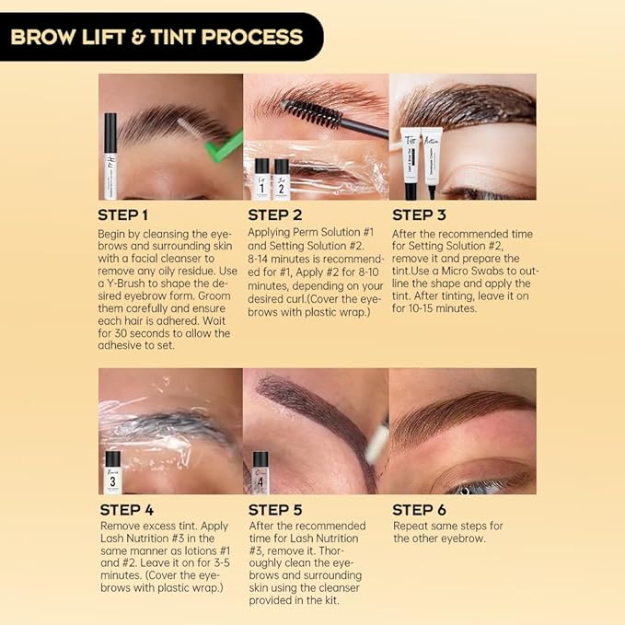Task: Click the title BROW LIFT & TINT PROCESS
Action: click(x=156, y=38)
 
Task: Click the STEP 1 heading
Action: click(x=130, y=215)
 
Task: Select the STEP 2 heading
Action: click(x=277, y=215)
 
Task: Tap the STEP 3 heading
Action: click(x=424, y=215)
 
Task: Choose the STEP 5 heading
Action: click(x=277, y=509)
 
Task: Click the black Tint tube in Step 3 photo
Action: click(x=411, y=162)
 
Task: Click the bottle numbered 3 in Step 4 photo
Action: click(x=113, y=471)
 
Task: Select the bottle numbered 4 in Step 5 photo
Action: click(x=260, y=471)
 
